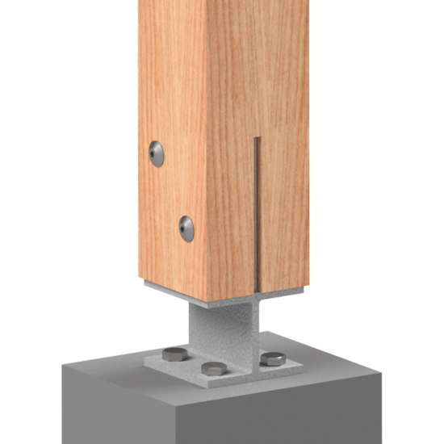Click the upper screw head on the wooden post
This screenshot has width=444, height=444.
click(157, 152)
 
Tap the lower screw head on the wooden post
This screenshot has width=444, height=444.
click(186, 227)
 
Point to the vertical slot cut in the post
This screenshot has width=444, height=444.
click(255, 210)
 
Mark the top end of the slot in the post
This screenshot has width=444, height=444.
click(255, 140)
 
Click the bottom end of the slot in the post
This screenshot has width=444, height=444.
click(255, 289)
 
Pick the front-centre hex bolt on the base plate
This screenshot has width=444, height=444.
click(214, 369)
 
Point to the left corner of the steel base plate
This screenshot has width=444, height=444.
click(146, 364)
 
